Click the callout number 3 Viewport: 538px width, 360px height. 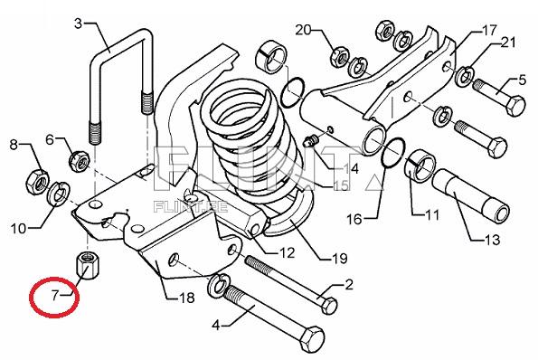pos(79,23)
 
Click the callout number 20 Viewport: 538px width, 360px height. pos(302,31)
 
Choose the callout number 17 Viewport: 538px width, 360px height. pos(489,30)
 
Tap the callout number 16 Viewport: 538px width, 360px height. pos(354,218)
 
